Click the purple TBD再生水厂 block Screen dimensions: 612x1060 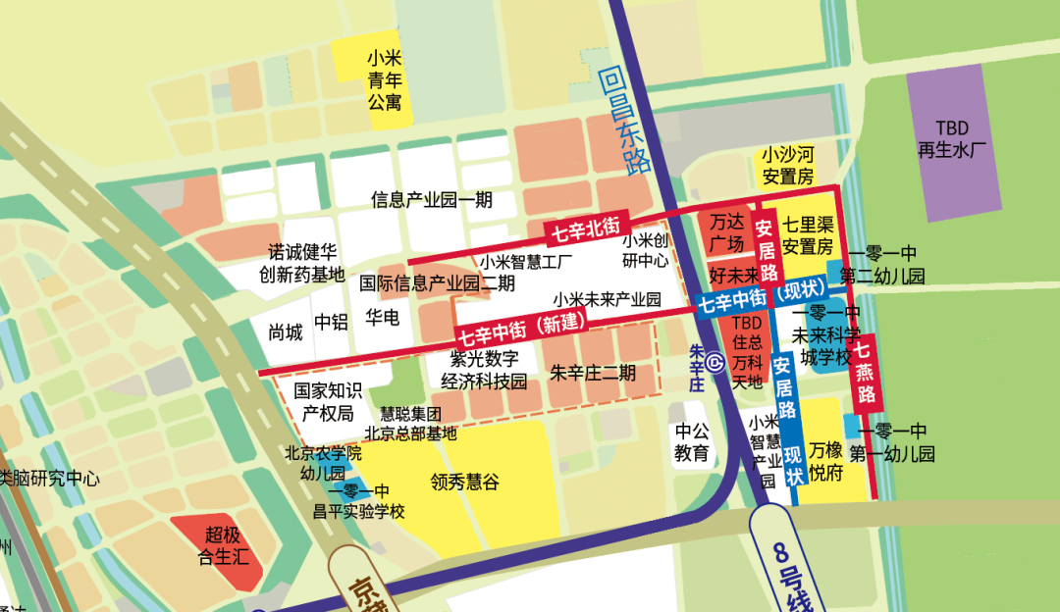click(951, 140)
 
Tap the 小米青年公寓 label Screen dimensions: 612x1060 click(385, 79)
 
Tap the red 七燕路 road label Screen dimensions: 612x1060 click(865, 373)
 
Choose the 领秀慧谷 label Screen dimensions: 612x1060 click(464, 482)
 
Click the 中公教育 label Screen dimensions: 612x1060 click(691, 441)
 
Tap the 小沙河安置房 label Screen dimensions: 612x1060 click(788, 166)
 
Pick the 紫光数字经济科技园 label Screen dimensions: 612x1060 click(483, 371)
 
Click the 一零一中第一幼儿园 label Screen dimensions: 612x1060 click(892, 442)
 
